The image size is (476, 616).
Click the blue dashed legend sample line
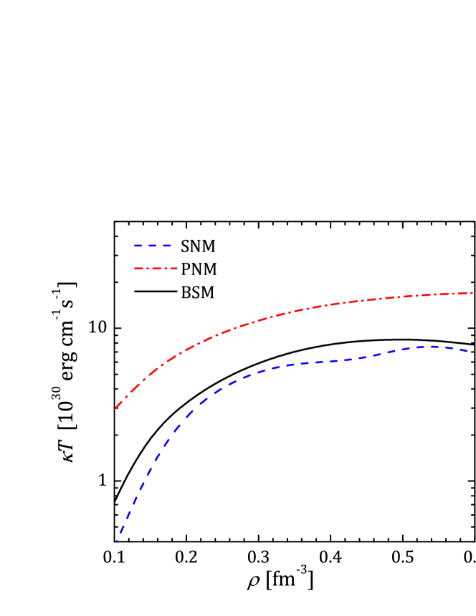click(153, 246)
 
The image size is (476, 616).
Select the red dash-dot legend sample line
click(156, 269)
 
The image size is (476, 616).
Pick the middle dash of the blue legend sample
click(153, 246)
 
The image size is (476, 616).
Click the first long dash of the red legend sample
click(139, 269)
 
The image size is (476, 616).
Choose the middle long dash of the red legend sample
click(156, 269)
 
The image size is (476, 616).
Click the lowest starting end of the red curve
click(115, 408)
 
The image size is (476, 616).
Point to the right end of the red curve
click(472, 293)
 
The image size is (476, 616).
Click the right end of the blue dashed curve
click(469, 351)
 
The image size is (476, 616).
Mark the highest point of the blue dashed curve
click(433, 346)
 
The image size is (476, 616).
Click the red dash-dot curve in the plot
click(287, 313)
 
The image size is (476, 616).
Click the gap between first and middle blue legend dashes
click(145, 246)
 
